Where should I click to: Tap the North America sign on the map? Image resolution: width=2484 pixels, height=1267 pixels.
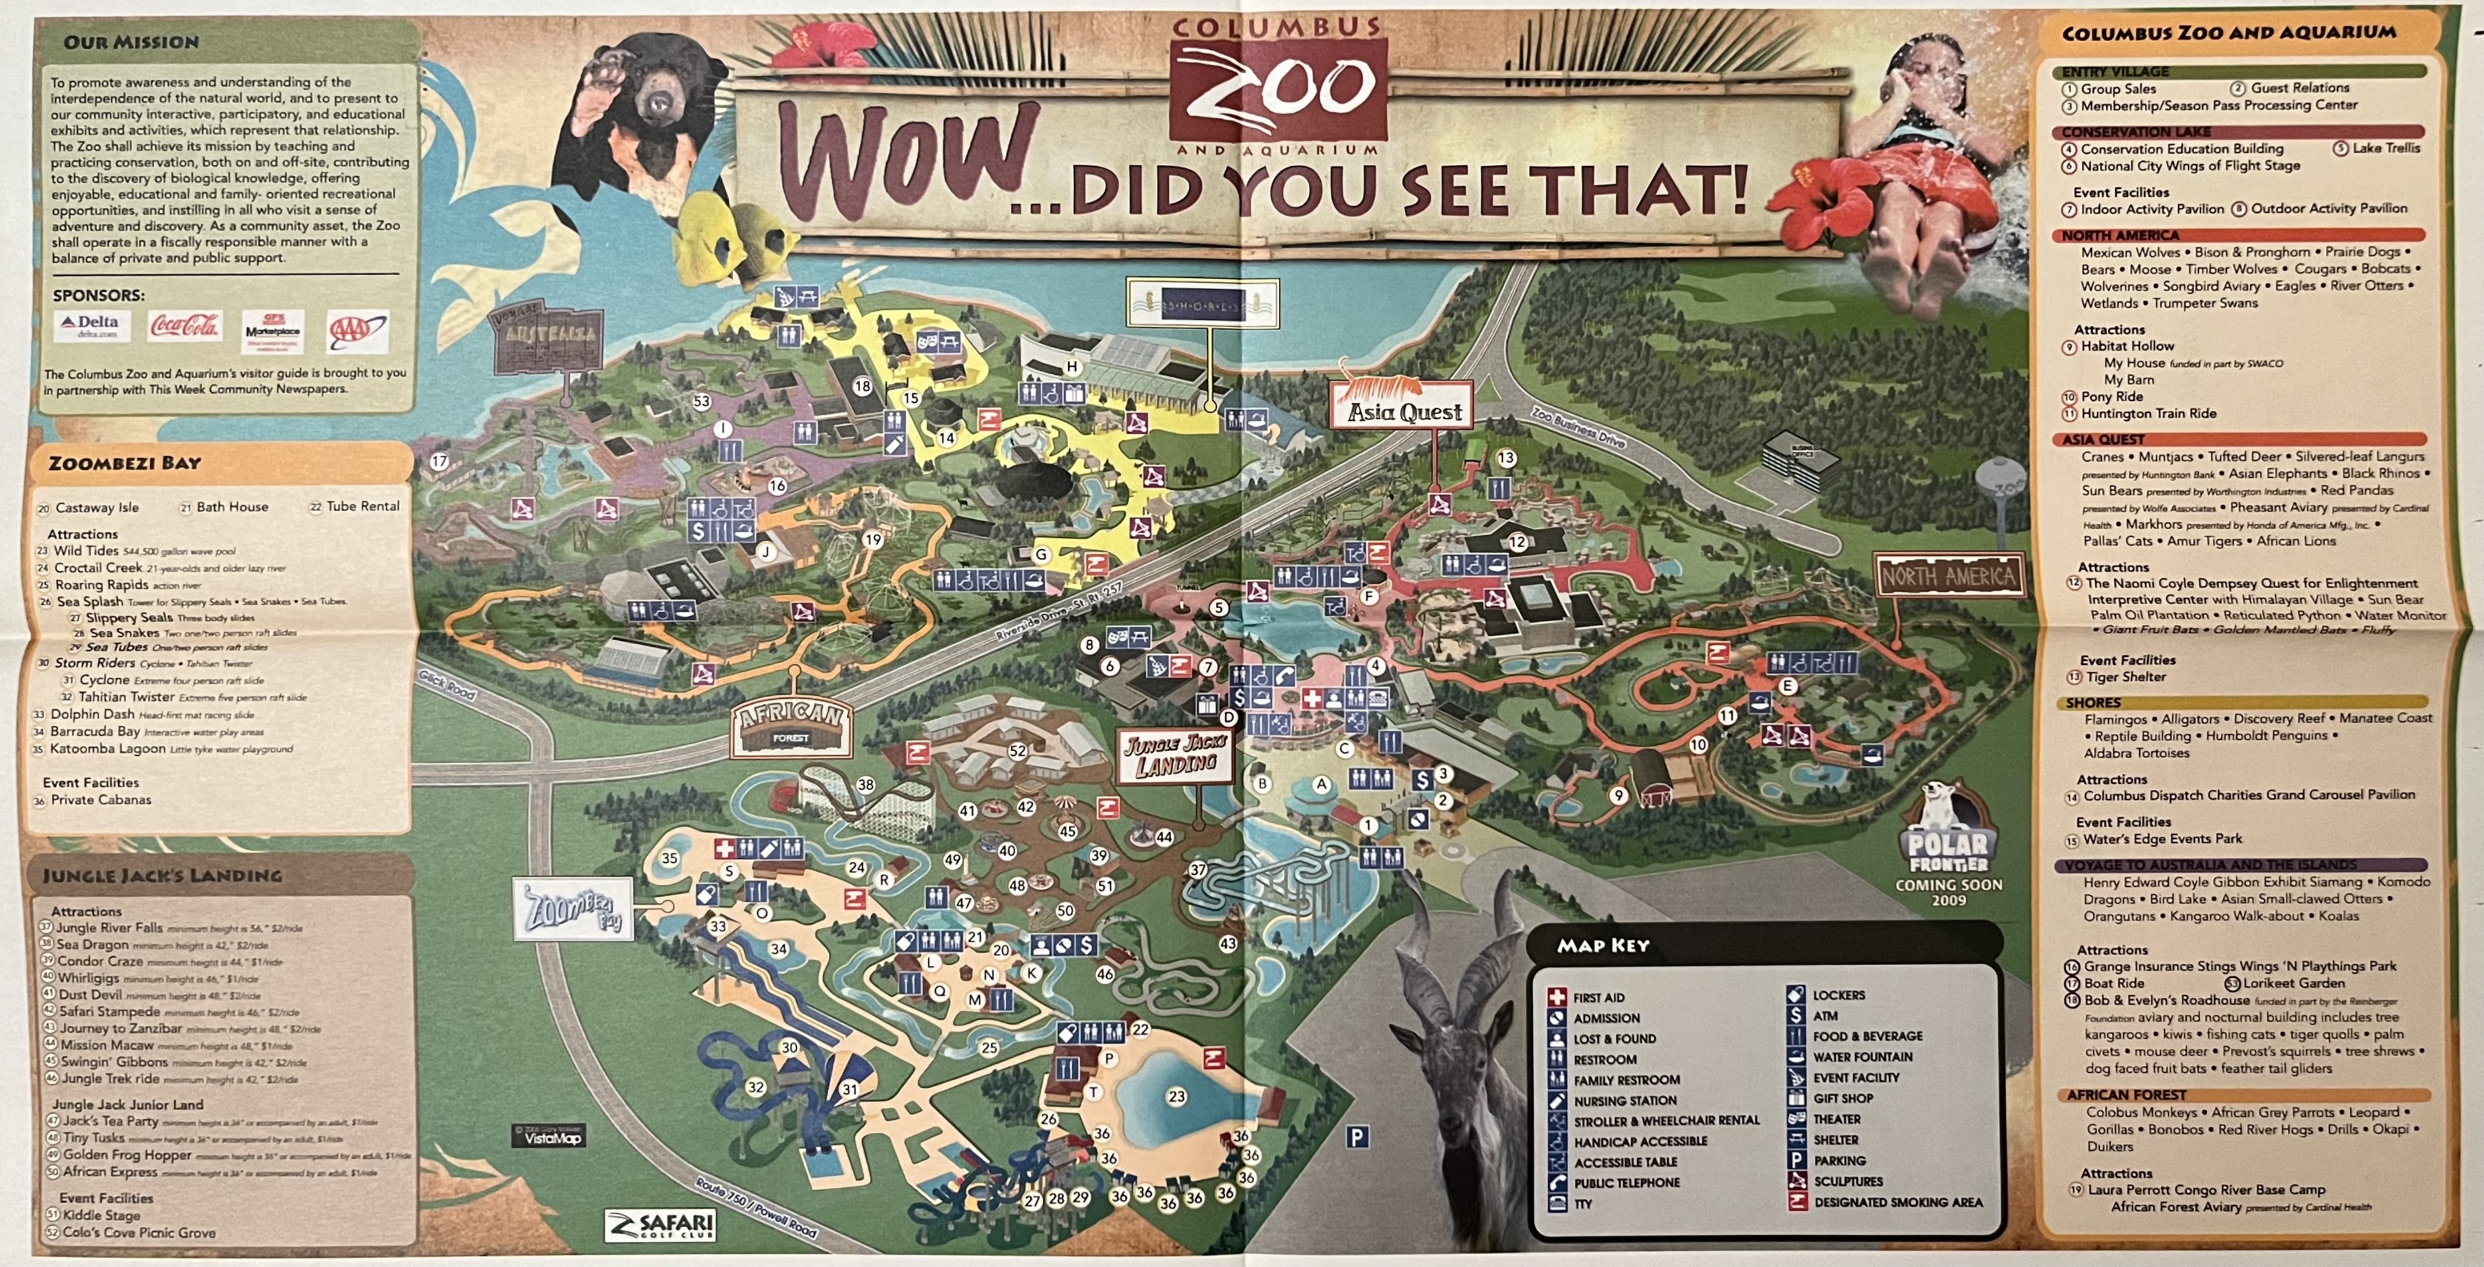(x=1948, y=576)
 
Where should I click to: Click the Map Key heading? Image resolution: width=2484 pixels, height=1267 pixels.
(x=1603, y=946)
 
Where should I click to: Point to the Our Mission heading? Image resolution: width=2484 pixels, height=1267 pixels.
(x=131, y=42)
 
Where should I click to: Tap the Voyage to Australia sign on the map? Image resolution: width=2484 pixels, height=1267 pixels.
(x=547, y=344)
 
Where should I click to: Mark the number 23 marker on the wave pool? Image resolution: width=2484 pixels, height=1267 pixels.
(x=1175, y=1097)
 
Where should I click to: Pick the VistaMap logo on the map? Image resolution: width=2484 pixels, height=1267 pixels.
(x=547, y=1136)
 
